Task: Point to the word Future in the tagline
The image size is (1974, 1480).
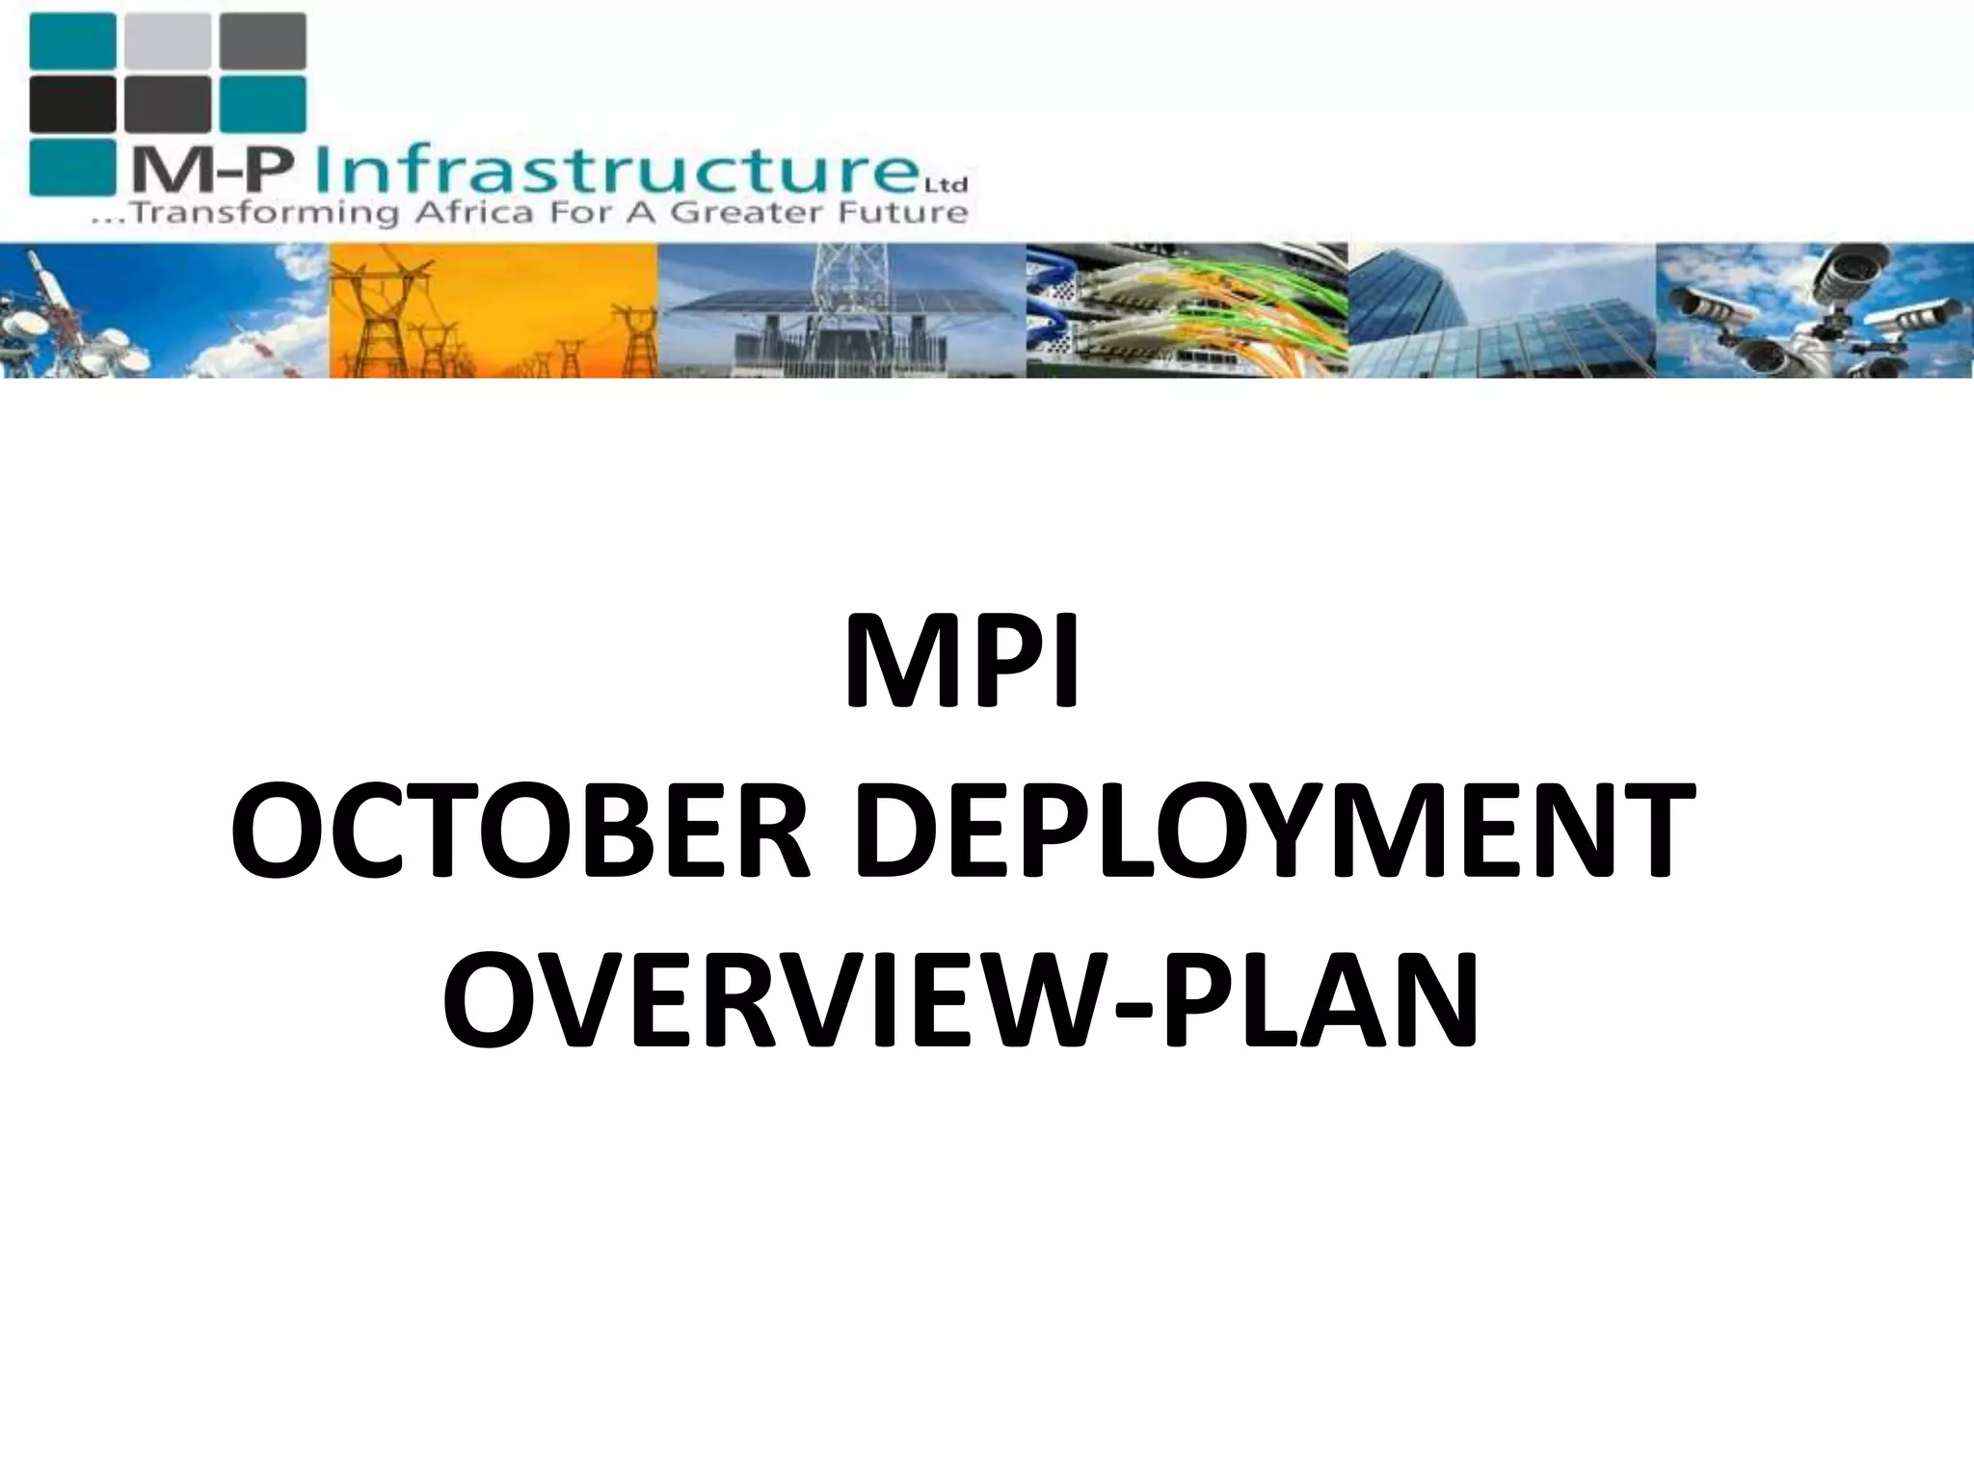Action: pyautogui.click(x=906, y=213)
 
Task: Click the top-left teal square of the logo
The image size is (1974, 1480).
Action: pyautogui.click(x=72, y=40)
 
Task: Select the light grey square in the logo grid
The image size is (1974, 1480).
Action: pyautogui.click(x=167, y=40)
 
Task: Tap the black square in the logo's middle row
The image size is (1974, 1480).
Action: pyautogui.click(x=72, y=103)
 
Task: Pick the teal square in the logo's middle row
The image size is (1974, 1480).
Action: pyautogui.click(x=262, y=103)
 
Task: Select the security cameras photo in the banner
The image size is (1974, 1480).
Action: pyautogui.click(x=1814, y=310)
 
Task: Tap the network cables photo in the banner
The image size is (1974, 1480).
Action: pyautogui.click(x=1186, y=310)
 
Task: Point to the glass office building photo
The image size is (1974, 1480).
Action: pyautogui.click(x=1502, y=310)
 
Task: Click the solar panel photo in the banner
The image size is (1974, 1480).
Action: pyautogui.click(x=840, y=310)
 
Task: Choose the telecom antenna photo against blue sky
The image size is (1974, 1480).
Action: pyautogui.click(x=164, y=310)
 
